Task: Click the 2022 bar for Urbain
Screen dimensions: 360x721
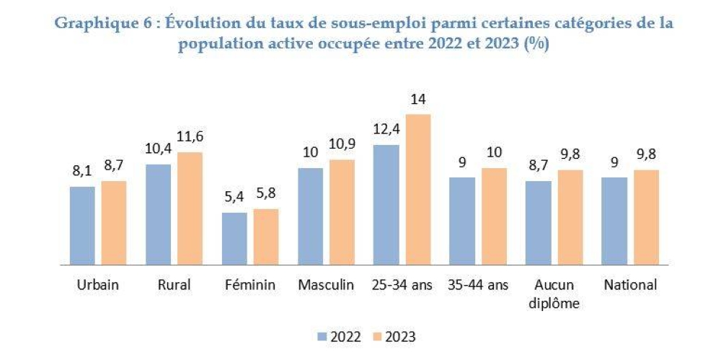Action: click(x=82, y=225)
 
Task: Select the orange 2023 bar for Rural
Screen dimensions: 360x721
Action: click(x=189, y=208)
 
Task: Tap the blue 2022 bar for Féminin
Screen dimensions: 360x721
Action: click(x=234, y=238)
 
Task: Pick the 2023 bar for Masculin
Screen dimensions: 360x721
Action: click(x=341, y=211)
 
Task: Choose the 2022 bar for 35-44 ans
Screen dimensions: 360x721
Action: click(x=462, y=221)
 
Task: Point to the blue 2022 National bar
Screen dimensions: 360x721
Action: click(x=614, y=221)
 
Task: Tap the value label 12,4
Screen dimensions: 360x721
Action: click(x=386, y=131)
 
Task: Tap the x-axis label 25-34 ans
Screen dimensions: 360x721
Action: click(x=401, y=285)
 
